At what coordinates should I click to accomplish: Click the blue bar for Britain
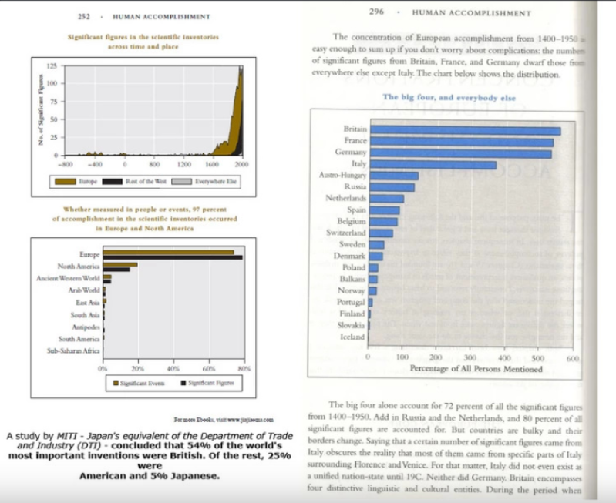(x=465, y=130)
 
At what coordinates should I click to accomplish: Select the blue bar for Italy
(x=433, y=164)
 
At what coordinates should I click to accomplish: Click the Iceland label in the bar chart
(x=352, y=337)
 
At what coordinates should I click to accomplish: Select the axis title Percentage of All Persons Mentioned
(x=476, y=369)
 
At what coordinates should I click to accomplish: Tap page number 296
(x=376, y=12)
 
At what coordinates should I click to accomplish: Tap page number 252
(x=85, y=15)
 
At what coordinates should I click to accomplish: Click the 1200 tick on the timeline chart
(x=183, y=164)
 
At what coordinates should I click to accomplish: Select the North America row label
(x=79, y=266)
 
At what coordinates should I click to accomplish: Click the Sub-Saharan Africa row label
(x=74, y=350)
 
